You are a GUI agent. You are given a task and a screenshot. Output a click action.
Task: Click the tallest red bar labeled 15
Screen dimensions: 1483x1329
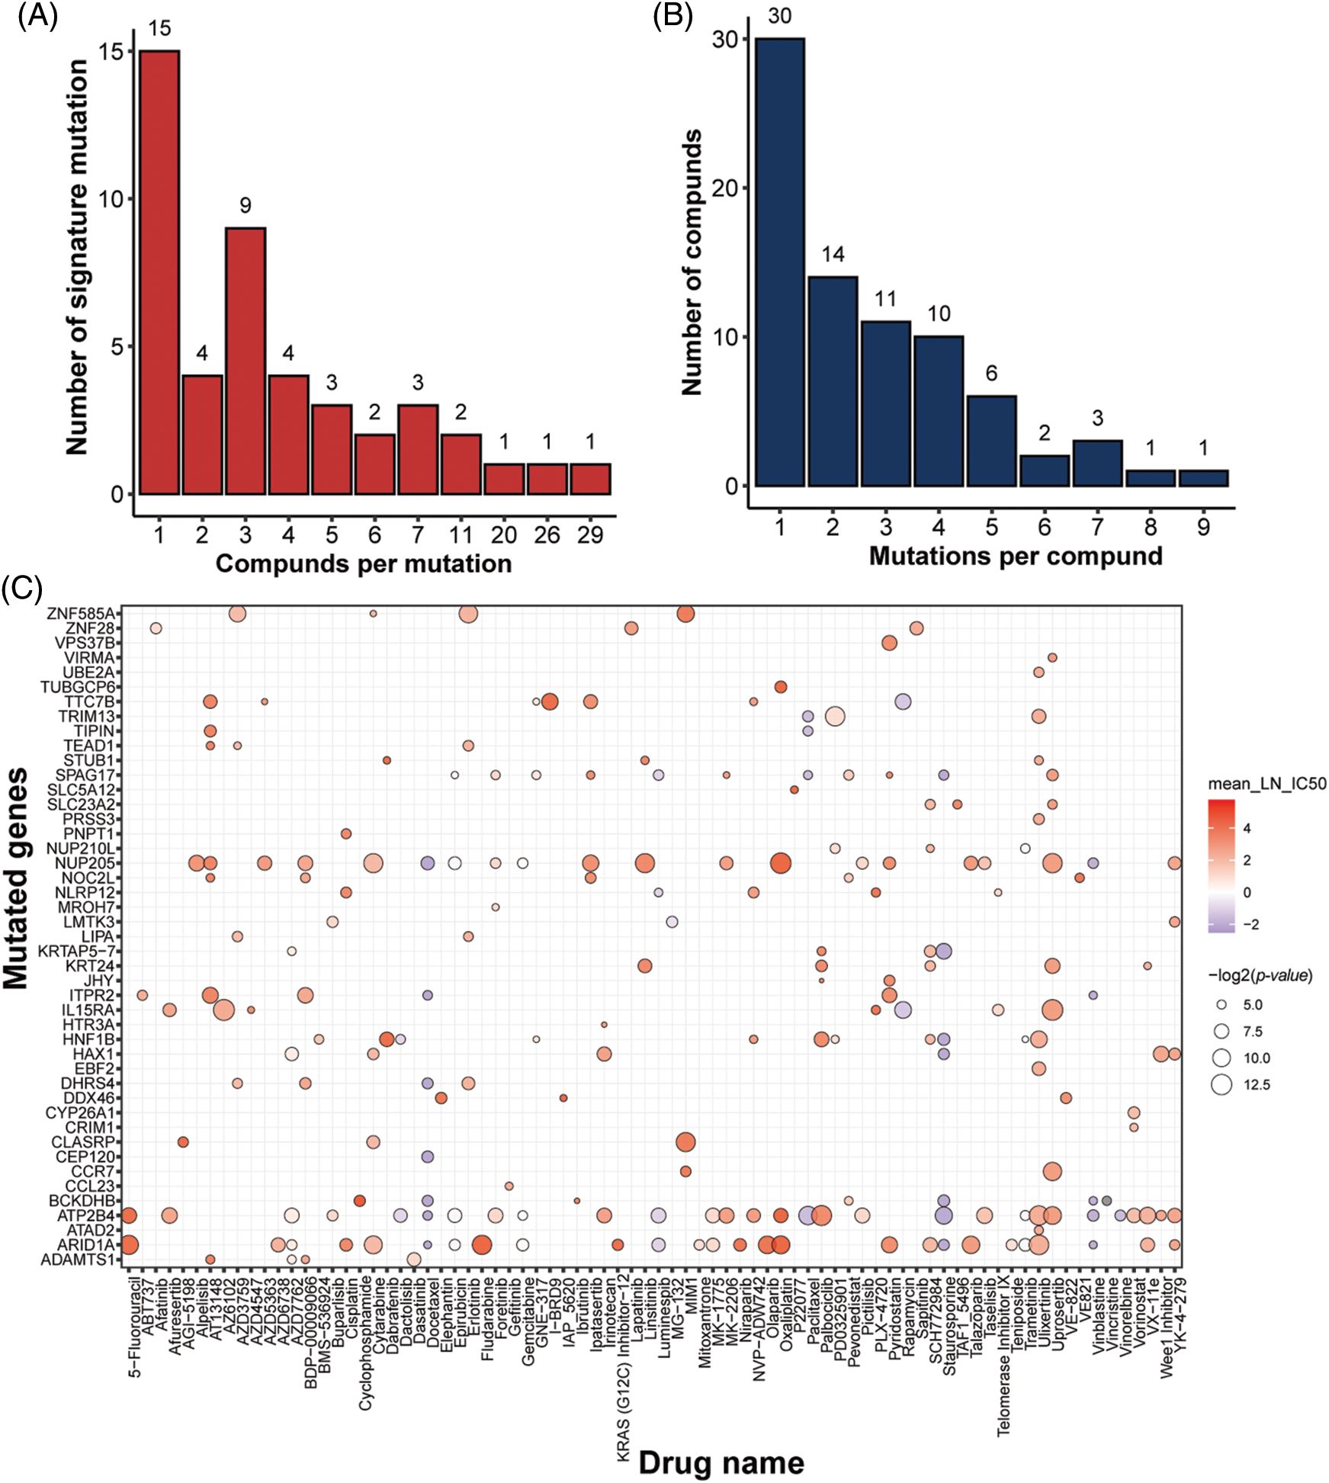[159, 272]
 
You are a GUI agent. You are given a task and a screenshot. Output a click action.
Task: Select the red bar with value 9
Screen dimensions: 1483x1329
[245, 361]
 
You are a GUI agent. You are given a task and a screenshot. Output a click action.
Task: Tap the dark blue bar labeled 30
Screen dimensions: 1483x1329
[779, 262]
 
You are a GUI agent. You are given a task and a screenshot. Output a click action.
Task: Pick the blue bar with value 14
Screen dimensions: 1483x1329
[833, 381]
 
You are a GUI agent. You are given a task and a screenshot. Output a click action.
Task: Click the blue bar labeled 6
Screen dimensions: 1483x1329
[991, 441]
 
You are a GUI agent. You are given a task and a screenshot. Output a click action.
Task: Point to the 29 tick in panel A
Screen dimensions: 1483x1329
[590, 535]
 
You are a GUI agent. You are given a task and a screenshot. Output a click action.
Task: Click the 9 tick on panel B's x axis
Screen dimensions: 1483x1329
[1203, 527]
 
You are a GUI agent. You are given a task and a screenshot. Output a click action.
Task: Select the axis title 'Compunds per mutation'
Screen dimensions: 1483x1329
[364, 563]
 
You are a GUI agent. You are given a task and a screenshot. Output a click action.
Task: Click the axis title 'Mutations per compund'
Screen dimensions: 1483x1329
[1016, 556]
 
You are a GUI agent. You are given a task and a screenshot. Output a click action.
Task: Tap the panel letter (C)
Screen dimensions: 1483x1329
[21, 588]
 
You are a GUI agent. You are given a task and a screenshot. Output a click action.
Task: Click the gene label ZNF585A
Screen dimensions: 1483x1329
[81, 614]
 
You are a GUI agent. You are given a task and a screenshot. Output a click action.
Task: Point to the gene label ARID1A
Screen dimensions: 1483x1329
[85, 1245]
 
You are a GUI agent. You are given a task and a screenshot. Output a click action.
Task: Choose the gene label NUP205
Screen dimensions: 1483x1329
[85, 863]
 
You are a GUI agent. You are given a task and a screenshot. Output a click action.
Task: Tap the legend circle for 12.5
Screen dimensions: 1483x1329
[1221, 1084]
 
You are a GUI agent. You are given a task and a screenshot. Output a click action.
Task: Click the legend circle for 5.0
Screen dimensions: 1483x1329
[1221, 1004]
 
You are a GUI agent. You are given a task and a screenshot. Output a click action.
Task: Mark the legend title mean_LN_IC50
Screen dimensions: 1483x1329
[1266, 783]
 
